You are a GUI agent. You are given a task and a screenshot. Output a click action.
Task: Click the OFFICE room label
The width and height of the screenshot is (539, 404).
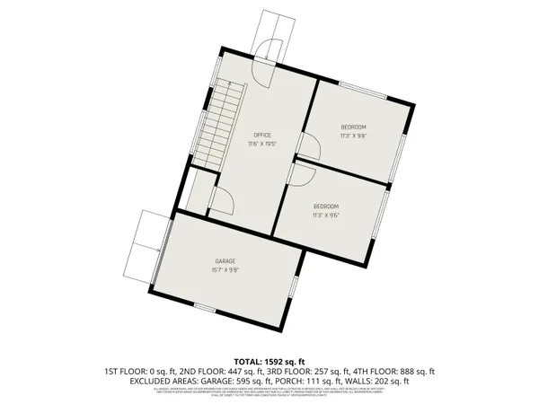coord(261,135)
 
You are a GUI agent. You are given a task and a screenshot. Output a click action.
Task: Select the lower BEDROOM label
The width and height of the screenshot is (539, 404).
coord(324,206)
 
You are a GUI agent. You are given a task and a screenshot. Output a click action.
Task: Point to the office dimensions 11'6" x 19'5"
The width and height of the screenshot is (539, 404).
coord(261,144)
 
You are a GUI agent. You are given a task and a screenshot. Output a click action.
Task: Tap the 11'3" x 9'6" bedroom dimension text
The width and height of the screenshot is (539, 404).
coord(324,215)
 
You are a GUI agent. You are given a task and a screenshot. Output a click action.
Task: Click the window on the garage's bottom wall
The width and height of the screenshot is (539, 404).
coord(205,309)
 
